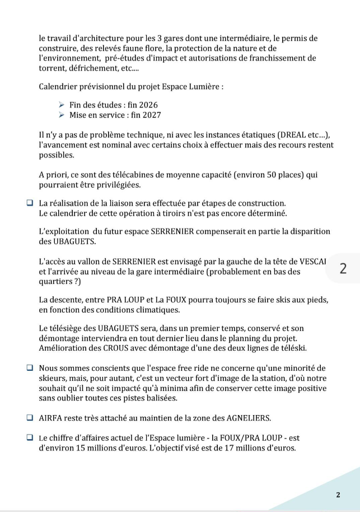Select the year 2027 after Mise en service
tap(151, 115)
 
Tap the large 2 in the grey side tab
tap(343, 268)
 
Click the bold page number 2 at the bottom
tap(338, 495)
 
